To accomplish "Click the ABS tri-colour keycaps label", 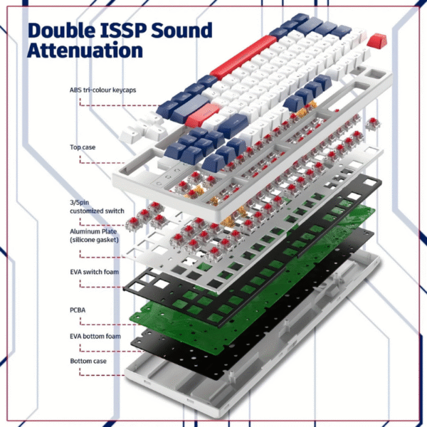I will point(104,90).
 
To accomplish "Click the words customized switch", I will point(97,211).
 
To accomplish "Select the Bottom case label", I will point(89,362).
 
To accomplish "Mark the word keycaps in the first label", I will point(125,91).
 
